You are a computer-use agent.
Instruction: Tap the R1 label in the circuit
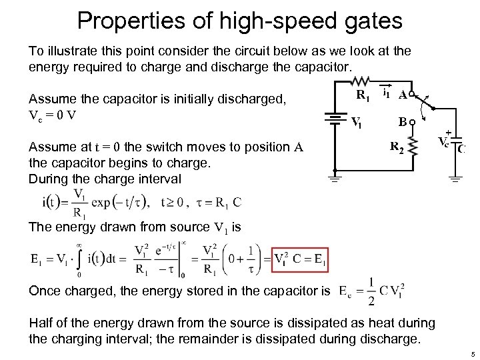click(363, 96)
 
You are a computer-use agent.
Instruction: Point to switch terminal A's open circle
click(413, 95)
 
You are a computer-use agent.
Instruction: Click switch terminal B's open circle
click(413, 122)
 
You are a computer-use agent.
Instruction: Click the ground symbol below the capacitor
click(456, 177)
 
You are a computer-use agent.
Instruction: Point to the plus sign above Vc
click(448, 131)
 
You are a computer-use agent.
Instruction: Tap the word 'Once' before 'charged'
click(46, 290)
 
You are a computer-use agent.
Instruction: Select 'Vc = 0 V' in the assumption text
click(53, 113)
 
